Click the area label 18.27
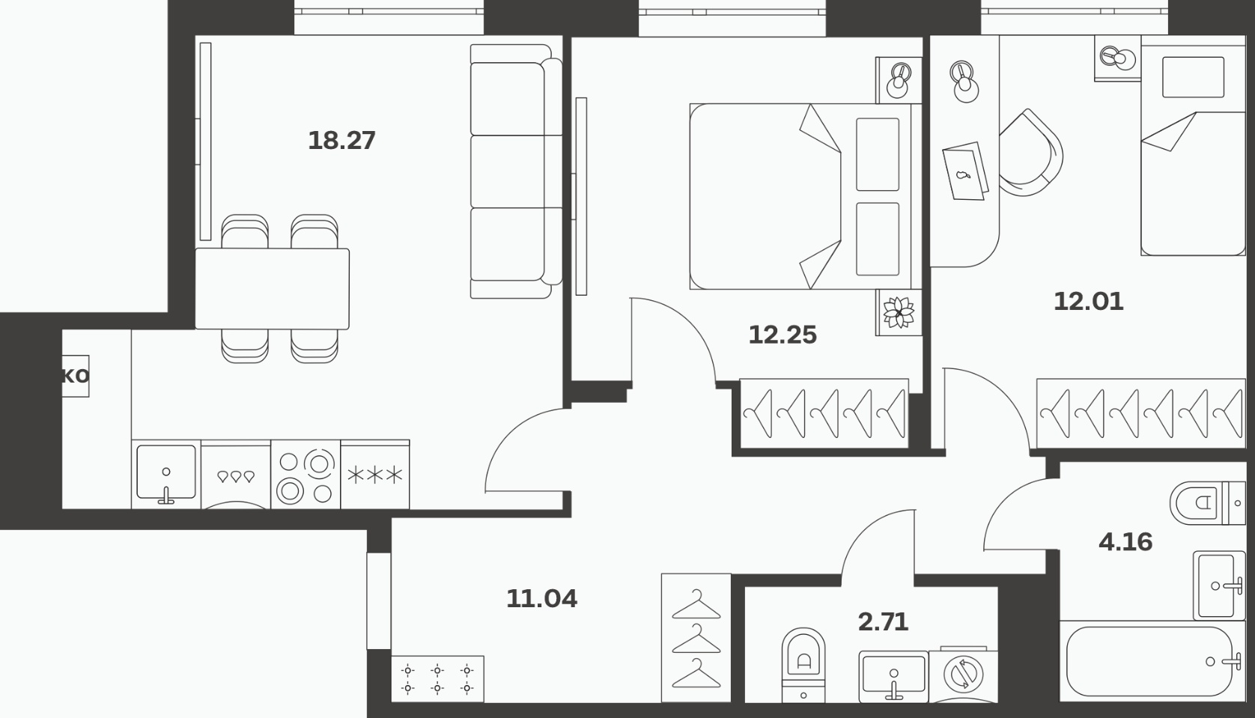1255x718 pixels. (341, 141)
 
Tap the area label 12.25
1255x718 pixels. (783, 335)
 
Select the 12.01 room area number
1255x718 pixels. (1089, 301)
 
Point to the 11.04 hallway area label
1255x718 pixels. (542, 599)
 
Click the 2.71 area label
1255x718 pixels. (883, 621)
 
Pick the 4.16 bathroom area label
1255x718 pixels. (1125, 542)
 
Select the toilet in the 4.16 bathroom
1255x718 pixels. (1207, 503)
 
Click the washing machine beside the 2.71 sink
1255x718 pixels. (963, 675)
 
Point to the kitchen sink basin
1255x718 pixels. (165, 474)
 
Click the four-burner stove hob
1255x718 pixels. (306, 475)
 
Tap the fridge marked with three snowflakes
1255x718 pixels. (375, 475)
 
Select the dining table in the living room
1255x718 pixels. (273, 289)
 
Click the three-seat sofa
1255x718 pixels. (516, 171)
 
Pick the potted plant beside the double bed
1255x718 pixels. (899, 312)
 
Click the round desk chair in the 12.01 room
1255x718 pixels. (1031, 152)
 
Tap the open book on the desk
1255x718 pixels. (965, 171)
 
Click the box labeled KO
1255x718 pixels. (75, 376)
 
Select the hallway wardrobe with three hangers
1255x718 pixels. (696, 637)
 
